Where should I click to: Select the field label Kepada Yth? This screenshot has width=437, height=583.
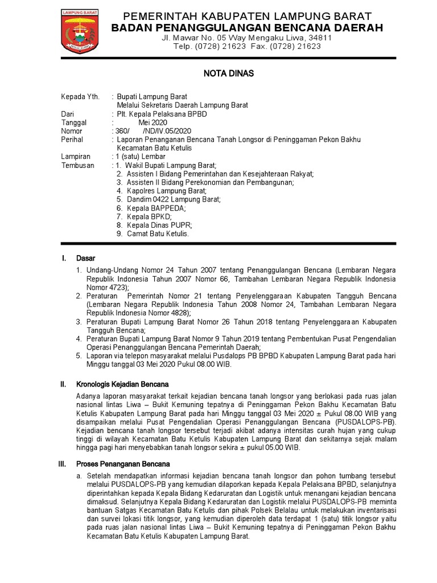pos(80,97)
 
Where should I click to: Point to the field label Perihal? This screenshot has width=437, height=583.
pos(72,139)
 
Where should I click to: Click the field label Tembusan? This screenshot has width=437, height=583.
pos(78,165)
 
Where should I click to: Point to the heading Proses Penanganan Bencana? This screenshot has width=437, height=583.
pos(121,464)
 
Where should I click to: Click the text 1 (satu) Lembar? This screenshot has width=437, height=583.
pos(141,157)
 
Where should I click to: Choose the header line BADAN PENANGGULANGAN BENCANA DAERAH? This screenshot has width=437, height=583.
pos(247,28)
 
